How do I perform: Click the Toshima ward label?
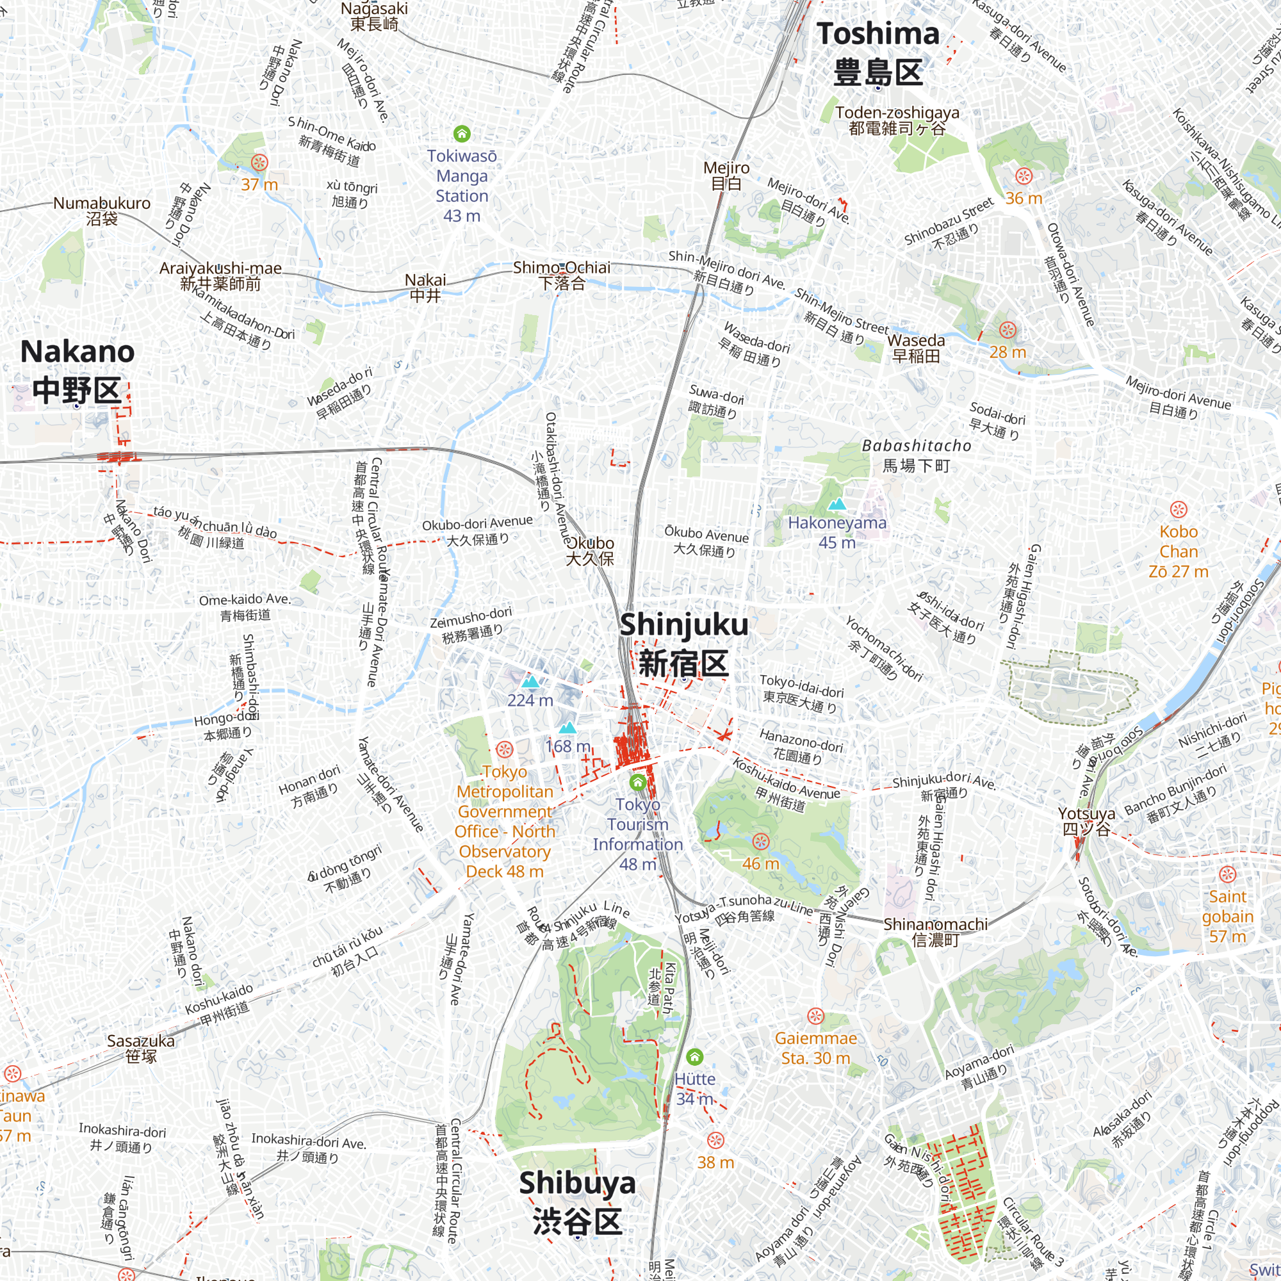878,53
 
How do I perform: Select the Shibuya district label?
577,1202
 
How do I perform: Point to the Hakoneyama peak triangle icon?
837,505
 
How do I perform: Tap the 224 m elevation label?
530,700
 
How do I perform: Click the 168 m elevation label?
567,747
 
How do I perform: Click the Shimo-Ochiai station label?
562,275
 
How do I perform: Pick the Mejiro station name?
726,175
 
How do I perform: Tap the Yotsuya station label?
1086,821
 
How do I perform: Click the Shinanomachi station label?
935,931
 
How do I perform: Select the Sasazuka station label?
140,1048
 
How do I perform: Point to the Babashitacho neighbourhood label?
917,455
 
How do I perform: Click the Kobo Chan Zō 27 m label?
1179,551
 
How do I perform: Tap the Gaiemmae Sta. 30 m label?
815,1048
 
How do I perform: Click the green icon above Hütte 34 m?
694,1056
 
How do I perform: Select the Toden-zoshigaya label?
897,120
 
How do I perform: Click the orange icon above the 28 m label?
1007,329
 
